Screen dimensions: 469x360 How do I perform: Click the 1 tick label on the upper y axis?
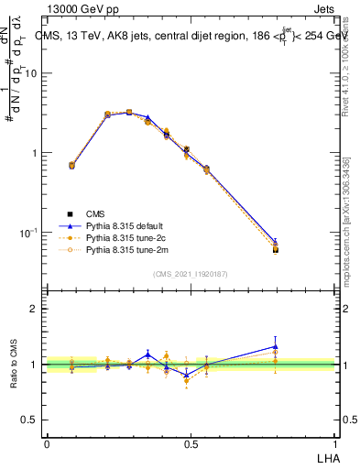tap(37, 153)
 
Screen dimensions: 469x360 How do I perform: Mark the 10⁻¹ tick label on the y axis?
tap(31, 234)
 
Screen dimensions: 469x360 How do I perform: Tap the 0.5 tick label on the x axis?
tap(191, 442)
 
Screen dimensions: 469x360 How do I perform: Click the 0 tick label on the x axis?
tap(47, 442)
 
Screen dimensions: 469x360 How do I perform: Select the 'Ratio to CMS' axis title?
tap(15, 364)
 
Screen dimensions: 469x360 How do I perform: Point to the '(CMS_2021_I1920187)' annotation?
tap(191, 272)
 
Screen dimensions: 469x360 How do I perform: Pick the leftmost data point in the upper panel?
tap(71, 166)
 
